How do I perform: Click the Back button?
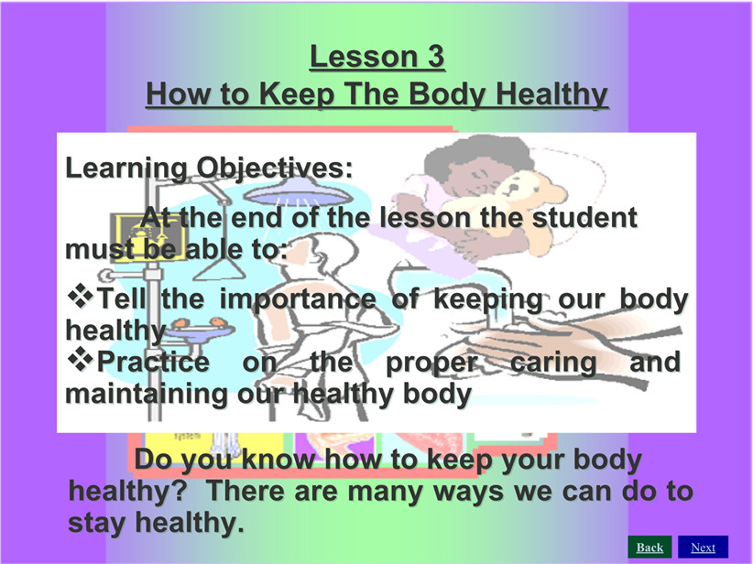pyautogui.click(x=649, y=548)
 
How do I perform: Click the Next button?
pyautogui.click(x=703, y=548)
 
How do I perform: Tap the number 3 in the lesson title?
pyautogui.click(x=436, y=57)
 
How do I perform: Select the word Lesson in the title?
pyautogui.click(x=364, y=57)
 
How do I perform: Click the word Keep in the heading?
pyautogui.click(x=297, y=94)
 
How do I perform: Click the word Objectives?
pyautogui.click(x=275, y=168)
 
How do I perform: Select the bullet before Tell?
pyautogui.click(x=81, y=295)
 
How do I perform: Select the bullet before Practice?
pyautogui.click(x=81, y=359)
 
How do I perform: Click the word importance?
pyautogui.click(x=298, y=300)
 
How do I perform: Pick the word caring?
pyautogui.click(x=552, y=363)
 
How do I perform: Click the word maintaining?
pyautogui.click(x=147, y=395)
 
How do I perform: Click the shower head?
pyautogui.click(x=298, y=192)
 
